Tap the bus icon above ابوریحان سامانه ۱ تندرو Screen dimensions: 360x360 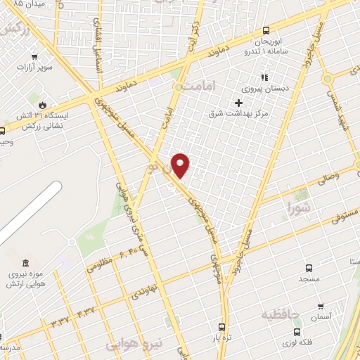click(x=266, y=30)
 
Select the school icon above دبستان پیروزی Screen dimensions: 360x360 click(x=265, y=77)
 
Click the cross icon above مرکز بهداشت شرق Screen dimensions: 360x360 click(x=239, y=102)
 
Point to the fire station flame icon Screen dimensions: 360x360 click(x=42, y=103)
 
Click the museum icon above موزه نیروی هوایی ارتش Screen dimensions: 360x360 click(x=25, y=262)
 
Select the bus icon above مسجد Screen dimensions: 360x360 click(x=309, y=267)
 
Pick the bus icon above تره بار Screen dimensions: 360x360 click(x=222, y=327)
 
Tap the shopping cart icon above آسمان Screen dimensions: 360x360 click(x=321, y=306)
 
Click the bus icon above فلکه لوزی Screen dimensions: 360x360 click(x=297, y=331)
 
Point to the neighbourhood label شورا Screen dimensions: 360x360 click(x=299, y=207)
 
